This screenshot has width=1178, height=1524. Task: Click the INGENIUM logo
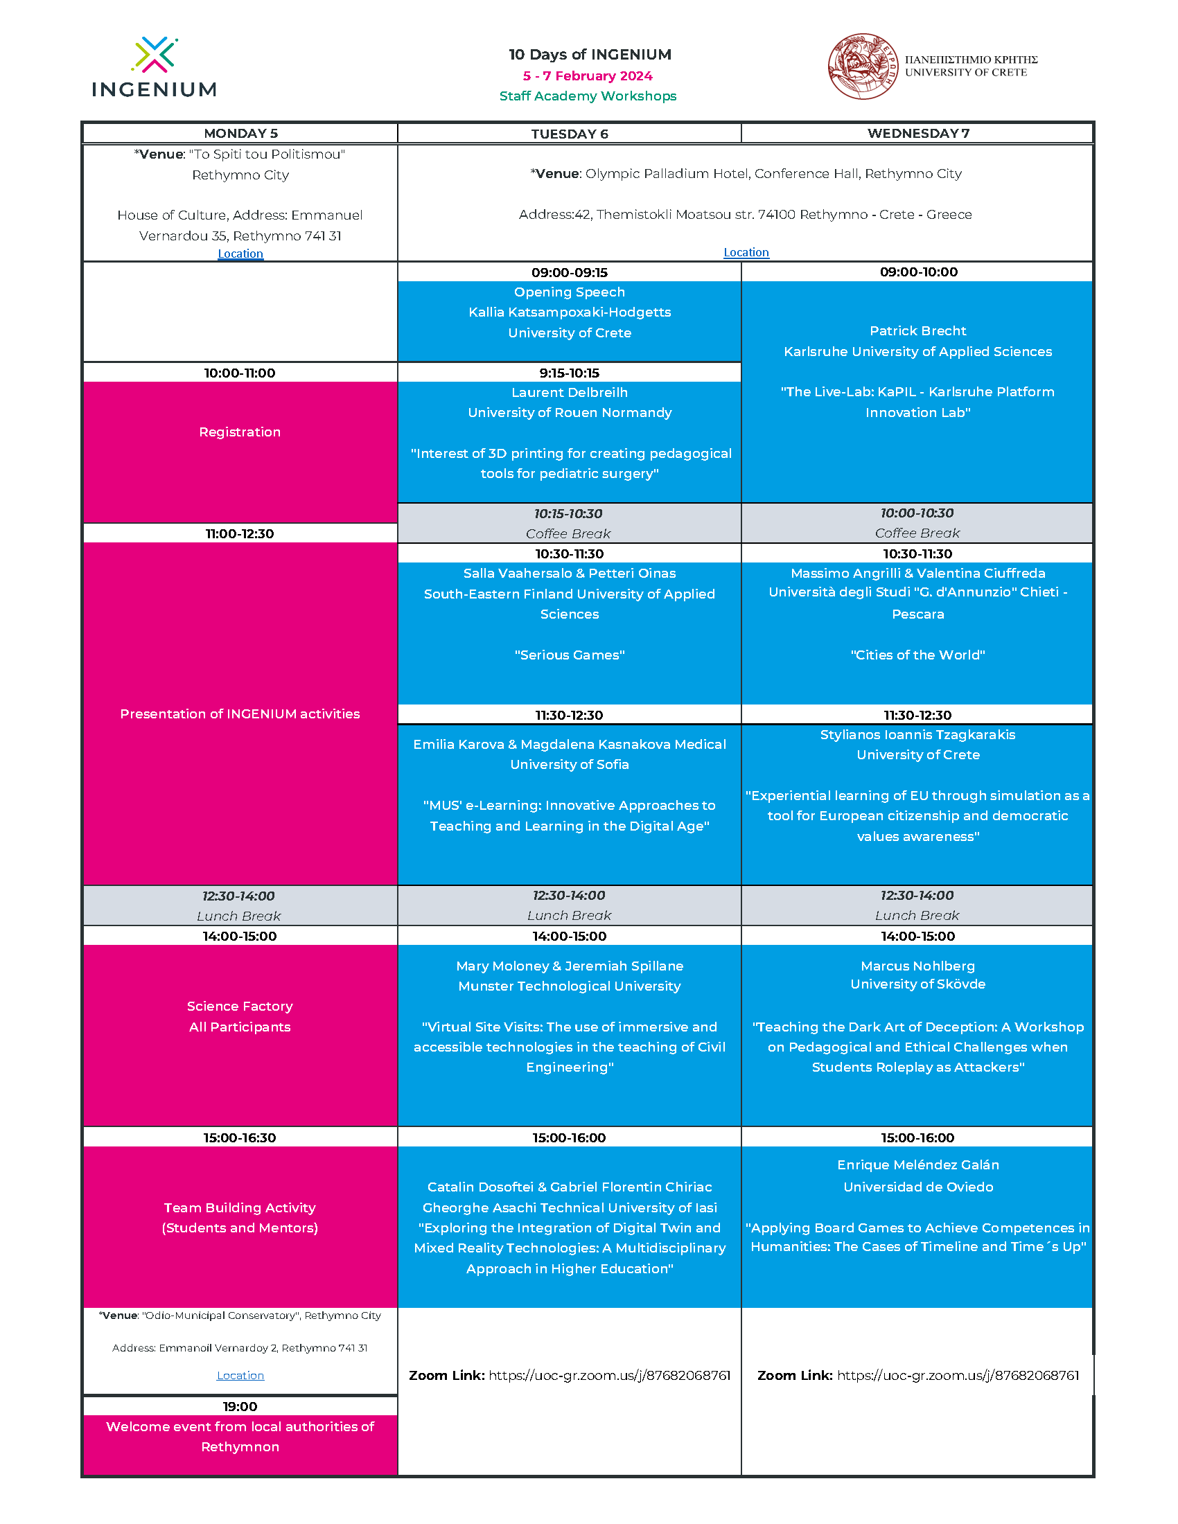pos(155,67)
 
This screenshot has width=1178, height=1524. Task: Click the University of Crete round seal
pos(863,67)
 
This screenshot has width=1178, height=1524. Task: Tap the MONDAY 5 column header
pos(240,133)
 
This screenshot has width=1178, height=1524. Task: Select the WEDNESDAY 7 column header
pos(917,133)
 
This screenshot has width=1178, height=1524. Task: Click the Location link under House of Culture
pos(240,254)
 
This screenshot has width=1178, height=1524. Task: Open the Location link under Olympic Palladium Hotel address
pos(746,252)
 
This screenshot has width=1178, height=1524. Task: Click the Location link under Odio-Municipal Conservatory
pos(240,1375)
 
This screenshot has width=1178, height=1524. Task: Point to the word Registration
pos(239,432)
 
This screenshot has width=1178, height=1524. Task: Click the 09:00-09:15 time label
pos(569,272)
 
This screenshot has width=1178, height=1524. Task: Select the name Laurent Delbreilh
pos(569,392)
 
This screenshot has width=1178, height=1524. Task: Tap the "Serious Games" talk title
pos(569,655)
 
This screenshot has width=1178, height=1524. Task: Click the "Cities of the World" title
pos(917,655)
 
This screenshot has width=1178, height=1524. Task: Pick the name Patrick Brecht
pos(917,330)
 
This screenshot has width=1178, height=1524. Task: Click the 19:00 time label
pos(240,1406)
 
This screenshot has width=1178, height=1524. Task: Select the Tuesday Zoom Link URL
pos(608,1375)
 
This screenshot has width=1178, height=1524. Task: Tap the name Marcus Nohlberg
pos(917,966)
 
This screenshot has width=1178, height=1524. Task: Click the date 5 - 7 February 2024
pos(588,76)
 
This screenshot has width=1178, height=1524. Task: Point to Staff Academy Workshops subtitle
pos(588,96)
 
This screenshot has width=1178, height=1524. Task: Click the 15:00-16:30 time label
pos(239,1137)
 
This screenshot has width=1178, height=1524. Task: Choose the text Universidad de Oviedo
pos(917,1187)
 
